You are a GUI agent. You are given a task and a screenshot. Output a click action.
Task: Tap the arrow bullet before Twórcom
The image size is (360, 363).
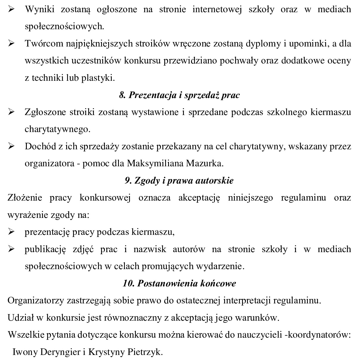coord(12,44)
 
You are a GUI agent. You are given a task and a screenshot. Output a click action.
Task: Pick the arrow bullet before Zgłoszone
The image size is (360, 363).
coord(12,112)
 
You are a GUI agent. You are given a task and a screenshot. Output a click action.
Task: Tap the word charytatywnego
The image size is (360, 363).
coord(57,129)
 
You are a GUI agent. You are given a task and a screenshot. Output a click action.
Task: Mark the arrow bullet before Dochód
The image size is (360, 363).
coord(12,147)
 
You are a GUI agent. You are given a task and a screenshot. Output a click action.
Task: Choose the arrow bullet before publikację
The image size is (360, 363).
coord(12,249)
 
